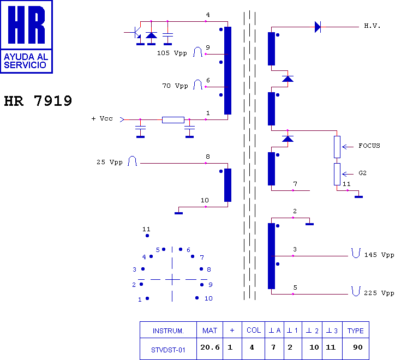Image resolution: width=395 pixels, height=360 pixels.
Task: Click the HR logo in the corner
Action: (27, 36)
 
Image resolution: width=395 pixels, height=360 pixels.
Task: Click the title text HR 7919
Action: (38, 101)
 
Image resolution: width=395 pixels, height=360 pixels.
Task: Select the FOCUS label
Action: (369, 146)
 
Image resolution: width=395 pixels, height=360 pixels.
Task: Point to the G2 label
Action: (363, 173)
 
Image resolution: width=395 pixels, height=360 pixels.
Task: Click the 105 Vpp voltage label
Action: (172, 53)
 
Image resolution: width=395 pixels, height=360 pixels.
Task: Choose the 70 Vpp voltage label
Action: (175, 86)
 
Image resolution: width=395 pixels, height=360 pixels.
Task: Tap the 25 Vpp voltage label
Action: (110, 162)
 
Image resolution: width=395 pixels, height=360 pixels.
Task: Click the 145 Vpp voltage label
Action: (379, 255)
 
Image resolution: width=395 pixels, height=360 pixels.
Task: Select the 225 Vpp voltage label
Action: (379, 293)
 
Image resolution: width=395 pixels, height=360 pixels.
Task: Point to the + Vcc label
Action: (102, 118)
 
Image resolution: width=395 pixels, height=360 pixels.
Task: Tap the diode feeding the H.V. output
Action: (318, 27)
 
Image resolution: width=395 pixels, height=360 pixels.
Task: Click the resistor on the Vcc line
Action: (173, 119)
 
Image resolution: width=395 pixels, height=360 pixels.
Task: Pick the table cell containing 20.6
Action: (210, 347)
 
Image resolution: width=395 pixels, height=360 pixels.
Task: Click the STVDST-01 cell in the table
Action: (168, 350)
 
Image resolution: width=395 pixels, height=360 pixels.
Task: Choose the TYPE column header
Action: (356, 331)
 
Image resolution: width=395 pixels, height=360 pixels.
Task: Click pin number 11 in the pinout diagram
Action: (146, 230)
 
